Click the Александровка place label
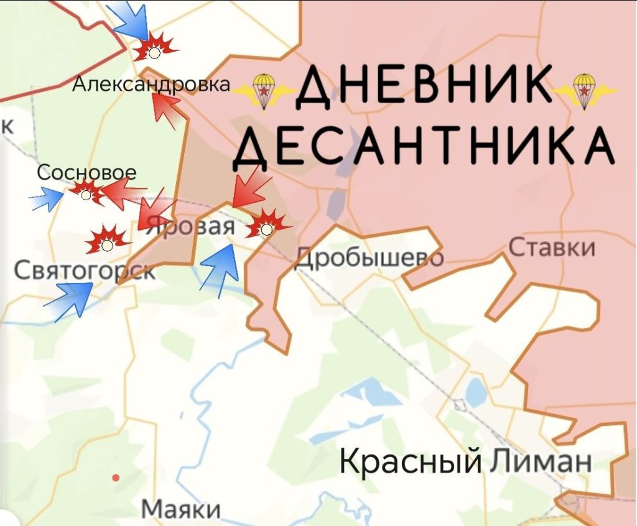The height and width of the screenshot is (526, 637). [151, 85]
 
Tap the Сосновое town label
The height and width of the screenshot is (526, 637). [86, 173]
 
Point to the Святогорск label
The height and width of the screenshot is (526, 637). [85, 270]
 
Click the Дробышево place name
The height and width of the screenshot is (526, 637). [370, 257]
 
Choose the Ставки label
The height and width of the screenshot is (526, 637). [552, 248]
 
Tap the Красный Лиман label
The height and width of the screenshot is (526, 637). [465, 462]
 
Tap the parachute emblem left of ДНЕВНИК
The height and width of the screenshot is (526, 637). [264, 90]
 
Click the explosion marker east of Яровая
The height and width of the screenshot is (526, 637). [267, 226]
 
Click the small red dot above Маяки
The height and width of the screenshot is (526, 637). [115, 478]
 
